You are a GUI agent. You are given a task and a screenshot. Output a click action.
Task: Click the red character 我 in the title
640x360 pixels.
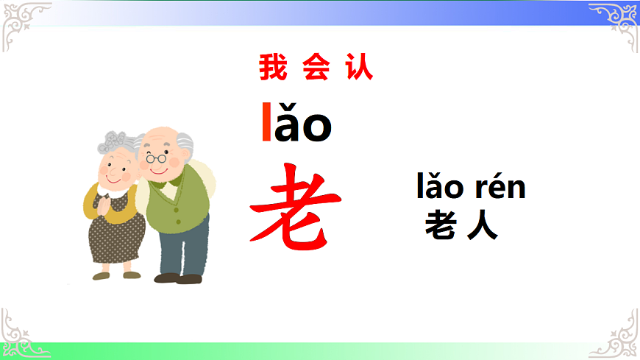point(271,68)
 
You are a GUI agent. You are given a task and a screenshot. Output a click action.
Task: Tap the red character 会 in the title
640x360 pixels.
point(315,68)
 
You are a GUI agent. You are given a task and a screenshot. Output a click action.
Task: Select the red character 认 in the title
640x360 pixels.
point(359,68)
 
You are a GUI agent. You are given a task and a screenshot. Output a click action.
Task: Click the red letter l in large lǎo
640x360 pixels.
point(266,123)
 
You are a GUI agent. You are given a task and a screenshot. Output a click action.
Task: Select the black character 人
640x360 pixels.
point(483,225)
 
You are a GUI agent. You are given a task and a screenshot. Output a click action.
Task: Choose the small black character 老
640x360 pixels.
point(440,225)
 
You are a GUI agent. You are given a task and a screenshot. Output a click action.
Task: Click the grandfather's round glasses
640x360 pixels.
point(157,157)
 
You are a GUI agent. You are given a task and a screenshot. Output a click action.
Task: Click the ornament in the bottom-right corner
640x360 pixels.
point(618,335)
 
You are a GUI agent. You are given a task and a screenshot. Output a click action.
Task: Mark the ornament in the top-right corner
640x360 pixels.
point(616,21)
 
